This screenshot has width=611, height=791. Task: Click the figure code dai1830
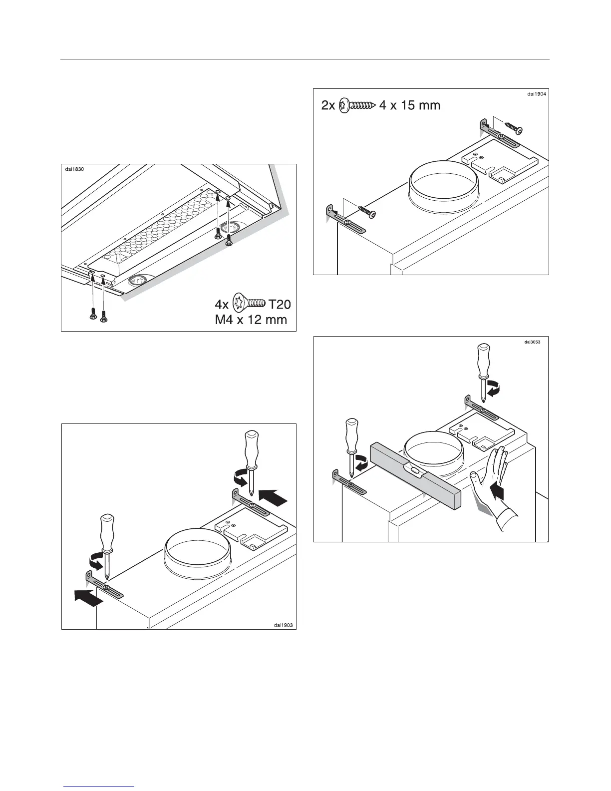[75, 169]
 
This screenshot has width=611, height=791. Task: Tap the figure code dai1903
[283, 624]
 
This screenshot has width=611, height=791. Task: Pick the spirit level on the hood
[416, 472]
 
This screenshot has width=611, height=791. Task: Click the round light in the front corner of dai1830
[138, 281]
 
